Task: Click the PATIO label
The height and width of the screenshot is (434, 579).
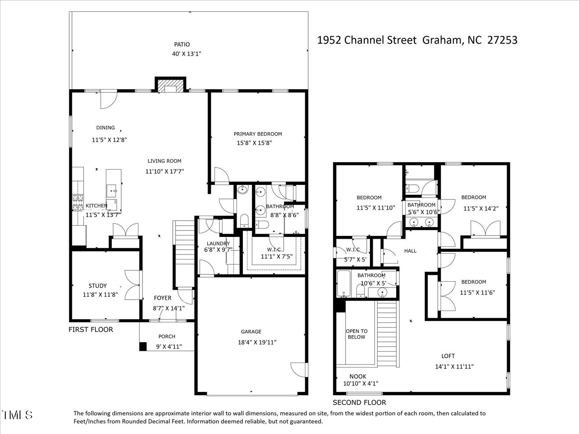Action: (182, 44)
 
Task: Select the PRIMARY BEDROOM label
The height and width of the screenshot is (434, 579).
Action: (257, 134)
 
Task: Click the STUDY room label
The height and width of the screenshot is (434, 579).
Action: (98, 286)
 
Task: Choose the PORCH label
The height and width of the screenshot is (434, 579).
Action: (166, 336)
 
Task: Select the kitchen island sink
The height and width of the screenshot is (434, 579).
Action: (112, 190)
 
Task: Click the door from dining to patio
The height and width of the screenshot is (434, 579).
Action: (108, 99)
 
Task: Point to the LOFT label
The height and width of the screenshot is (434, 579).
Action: (448, 356)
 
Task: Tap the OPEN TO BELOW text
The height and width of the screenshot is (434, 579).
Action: (356, 334)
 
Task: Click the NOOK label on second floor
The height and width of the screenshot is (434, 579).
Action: (358, 376)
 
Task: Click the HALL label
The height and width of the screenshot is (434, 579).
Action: (410, 251)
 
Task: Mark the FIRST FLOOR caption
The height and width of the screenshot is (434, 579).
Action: (90, 330)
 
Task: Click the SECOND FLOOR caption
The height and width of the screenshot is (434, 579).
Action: (359, 402)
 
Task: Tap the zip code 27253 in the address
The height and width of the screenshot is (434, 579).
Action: (502, 40)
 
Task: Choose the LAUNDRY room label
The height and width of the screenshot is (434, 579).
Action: (218, 243)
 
